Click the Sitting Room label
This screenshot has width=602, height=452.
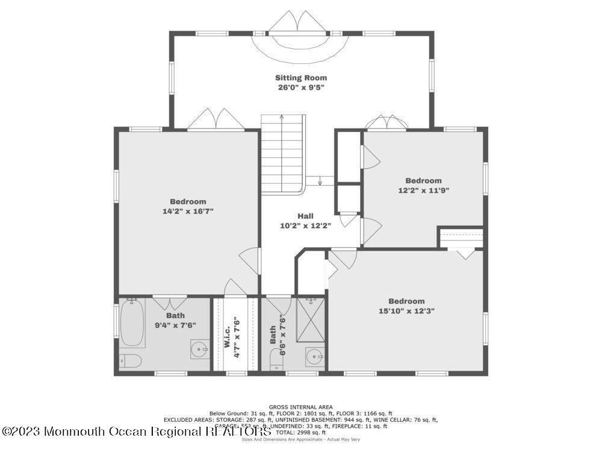301,78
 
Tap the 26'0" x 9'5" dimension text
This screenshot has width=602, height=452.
301,87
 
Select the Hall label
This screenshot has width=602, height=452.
305,216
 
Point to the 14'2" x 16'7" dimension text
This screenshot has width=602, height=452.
188,212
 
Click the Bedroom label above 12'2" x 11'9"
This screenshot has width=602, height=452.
423,181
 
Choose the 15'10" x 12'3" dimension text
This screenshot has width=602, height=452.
406,311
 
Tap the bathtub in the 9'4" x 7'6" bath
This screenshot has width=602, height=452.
132,324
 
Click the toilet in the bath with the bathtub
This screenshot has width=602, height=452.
130,361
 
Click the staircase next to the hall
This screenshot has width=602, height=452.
282,154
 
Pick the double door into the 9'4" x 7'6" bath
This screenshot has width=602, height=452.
169,302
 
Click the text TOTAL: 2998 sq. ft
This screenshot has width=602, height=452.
300,433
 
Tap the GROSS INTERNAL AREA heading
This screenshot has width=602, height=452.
300,407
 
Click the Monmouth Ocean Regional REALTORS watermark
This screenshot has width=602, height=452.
135,432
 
